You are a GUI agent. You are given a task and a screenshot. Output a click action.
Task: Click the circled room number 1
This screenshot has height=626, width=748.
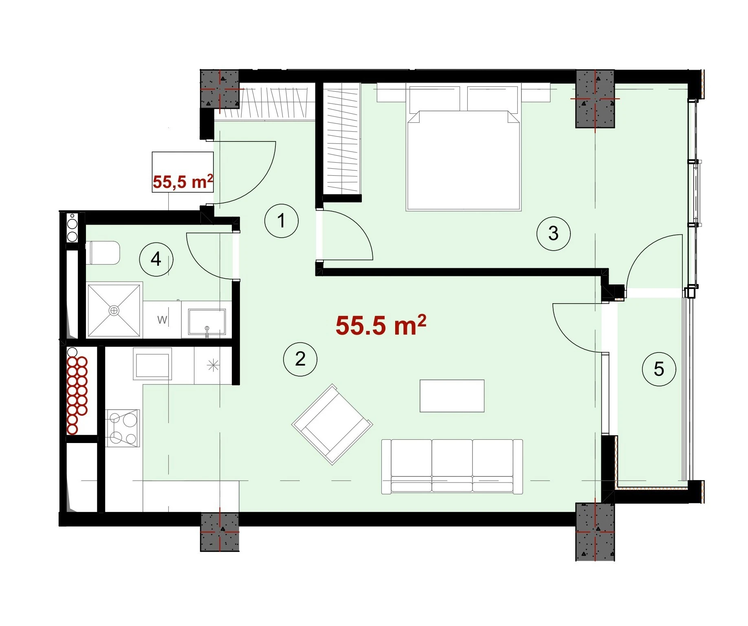[281, 220]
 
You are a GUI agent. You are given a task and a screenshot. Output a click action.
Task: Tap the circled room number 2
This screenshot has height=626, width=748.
[300, 359]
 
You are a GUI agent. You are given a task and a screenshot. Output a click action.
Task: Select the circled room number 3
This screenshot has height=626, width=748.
[553, 233]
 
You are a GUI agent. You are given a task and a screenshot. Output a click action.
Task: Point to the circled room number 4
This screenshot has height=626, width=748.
[156, 259]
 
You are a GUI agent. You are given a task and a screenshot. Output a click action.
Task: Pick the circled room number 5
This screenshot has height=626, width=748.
[659, 369]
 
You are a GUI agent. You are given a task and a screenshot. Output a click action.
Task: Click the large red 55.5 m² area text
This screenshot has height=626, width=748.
[381, 325]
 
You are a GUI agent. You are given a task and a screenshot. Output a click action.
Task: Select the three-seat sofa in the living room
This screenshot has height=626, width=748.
[452, 467]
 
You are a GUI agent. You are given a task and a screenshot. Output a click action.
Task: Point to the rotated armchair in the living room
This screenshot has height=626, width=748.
[332, 424]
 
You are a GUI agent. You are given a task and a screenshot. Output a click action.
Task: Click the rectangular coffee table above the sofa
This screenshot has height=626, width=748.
[452, 396]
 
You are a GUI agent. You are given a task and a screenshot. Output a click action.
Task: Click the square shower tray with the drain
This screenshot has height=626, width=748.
[114, 311]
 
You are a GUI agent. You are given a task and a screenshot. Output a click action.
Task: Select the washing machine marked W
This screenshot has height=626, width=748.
[162, 320]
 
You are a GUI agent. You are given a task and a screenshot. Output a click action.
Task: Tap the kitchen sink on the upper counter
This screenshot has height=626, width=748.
[152, 364]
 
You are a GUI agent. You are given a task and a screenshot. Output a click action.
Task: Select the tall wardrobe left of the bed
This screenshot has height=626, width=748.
[342, 138]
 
